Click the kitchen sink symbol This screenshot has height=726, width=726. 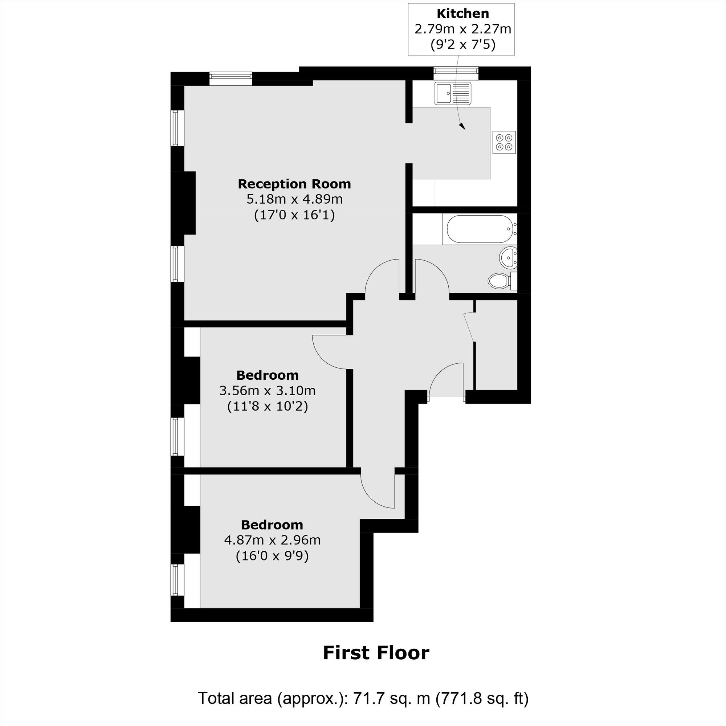pos(453,93)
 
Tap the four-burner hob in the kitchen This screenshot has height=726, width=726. pos(504,142)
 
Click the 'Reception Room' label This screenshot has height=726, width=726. pos(294,184)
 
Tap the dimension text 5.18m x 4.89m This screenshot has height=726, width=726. pos(294,199)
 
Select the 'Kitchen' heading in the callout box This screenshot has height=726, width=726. pos(462,13)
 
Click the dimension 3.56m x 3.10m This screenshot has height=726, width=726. pos(267,391)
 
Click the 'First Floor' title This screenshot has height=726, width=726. pos(376,653)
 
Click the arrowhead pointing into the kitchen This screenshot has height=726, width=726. pos(462,127)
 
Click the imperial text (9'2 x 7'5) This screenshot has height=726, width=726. pos(462,45)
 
